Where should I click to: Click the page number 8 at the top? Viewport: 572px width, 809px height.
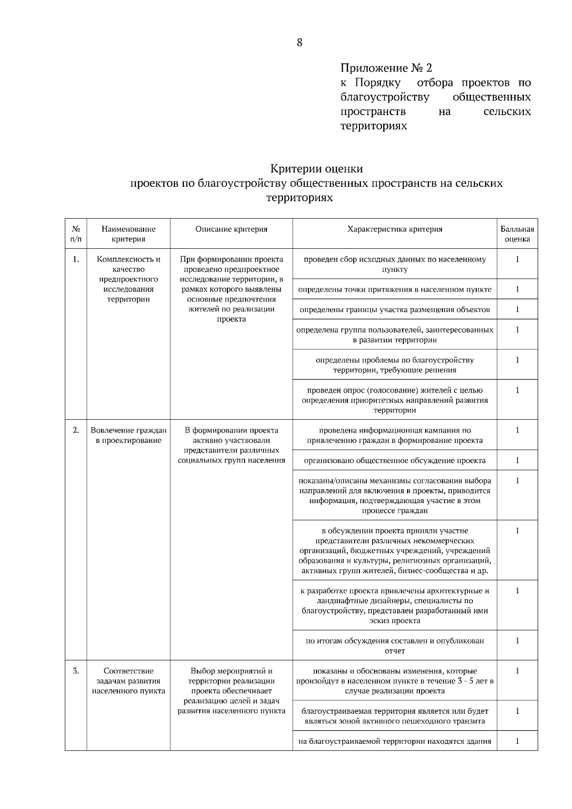point(299,43)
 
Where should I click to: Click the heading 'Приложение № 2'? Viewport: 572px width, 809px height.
point(386,68)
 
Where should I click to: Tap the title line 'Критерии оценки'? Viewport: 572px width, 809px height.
point(317,169)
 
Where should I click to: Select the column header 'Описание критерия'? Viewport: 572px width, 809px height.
point(231,229)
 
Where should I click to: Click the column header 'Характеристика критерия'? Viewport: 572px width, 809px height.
point(395,229)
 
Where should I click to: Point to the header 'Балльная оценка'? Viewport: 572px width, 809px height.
point(517,234)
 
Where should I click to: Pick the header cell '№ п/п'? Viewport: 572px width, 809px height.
point(76,234)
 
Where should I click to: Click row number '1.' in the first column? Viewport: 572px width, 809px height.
point(76,260)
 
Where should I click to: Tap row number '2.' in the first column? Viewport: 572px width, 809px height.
point(76,430)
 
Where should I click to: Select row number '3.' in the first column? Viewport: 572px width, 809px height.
point(76,671)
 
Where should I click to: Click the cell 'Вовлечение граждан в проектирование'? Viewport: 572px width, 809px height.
point(129,435)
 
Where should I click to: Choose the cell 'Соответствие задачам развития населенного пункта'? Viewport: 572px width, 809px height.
point(129,681)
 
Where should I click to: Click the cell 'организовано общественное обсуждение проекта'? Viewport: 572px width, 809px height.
point(395,461)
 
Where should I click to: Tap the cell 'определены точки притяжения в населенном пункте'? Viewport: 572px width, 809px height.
point(395,289)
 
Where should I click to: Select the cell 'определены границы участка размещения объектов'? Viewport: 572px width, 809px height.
point(395,310)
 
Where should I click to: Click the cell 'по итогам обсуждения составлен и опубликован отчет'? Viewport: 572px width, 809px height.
point(395,646)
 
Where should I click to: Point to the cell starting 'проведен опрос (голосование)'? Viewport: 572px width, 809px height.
point(395,400)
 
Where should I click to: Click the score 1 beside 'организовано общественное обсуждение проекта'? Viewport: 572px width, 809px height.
point(517,460)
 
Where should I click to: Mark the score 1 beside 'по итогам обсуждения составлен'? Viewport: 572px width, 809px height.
point(517,641)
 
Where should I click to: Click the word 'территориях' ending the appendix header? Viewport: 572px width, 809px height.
point(374,126)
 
